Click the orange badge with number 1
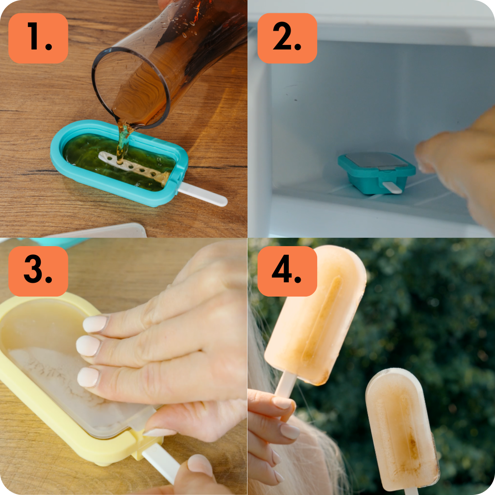[x=38, y=38]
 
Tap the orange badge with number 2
[x=287, y=38]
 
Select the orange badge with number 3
[x=38, y=271]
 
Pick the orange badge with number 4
[x=287, y=271]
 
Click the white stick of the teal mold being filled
[x=203, y=194]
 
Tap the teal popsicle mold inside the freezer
[x=376, y=173]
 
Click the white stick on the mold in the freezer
[x=392, y=187]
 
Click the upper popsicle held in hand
[x=315, y=316]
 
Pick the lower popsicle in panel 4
[x=402, y=429]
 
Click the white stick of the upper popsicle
[x=286, y=385]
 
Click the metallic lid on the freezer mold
[x=376, y=160]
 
